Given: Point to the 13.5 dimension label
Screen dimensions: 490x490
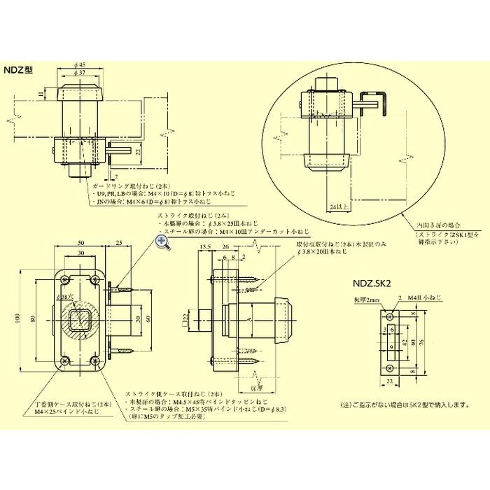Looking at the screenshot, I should [205, 247].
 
